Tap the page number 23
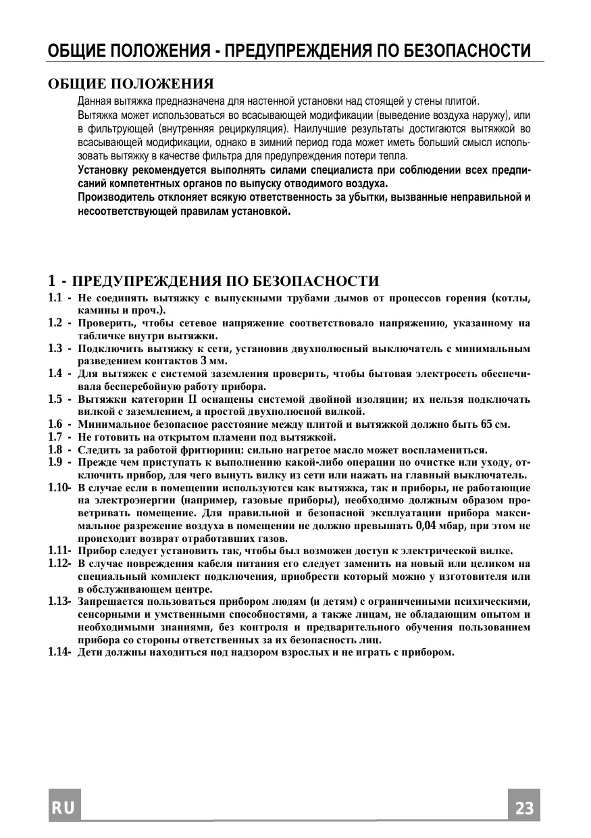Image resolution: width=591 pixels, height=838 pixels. (524, 807)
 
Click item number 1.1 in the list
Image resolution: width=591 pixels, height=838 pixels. (55, 298)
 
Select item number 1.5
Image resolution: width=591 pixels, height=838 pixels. (55, 399)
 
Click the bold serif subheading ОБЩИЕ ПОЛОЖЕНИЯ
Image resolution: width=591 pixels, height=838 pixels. (130, 84)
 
